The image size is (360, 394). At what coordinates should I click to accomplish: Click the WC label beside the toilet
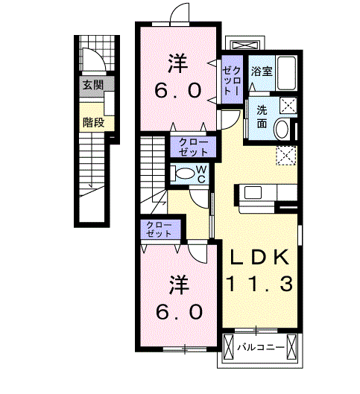coord(200,175)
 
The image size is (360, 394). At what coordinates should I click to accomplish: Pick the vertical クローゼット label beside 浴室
coord(230,77)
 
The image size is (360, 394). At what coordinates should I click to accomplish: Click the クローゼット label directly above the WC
coord(193,146)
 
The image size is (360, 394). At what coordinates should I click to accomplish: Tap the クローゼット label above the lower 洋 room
coord(159,229)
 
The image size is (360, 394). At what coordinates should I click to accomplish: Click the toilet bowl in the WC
coord(181,174)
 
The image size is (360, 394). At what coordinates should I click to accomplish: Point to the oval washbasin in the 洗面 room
coord(282,130)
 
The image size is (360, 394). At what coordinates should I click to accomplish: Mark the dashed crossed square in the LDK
coord(286,155)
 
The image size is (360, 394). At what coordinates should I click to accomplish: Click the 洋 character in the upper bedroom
coord(177,64)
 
